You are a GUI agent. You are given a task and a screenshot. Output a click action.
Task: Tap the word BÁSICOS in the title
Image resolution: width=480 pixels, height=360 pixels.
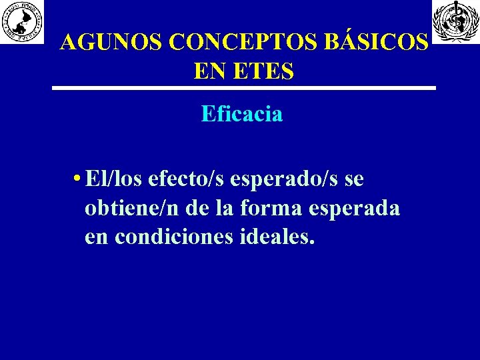tap(378, 42)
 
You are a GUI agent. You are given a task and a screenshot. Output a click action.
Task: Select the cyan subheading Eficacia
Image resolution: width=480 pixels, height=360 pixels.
tap(242, 114)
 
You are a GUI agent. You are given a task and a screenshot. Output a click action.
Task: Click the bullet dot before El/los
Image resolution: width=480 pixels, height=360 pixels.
tap(79, 180)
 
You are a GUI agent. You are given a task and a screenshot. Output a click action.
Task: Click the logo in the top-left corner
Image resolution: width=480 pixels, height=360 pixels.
tap(21, 22)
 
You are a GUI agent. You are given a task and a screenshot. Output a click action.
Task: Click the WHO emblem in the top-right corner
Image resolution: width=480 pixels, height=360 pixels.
tap(456, 22)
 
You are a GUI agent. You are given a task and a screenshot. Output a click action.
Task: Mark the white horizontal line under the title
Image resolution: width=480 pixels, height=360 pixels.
tap(244, 88)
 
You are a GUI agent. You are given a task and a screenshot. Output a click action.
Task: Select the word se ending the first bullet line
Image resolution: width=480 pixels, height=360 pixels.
tap(353, 180)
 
